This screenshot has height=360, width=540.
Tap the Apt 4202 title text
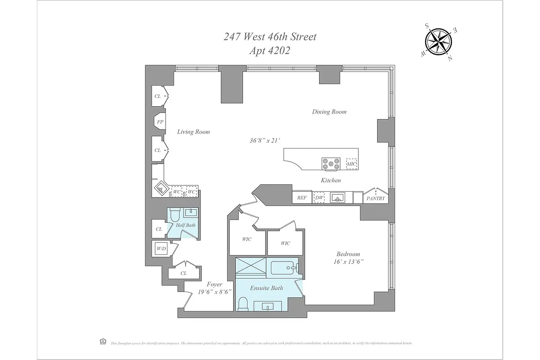270,51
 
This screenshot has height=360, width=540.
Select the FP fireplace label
160,121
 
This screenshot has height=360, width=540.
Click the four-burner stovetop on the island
331,164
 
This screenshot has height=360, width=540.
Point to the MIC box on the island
351,164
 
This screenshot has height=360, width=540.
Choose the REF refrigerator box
301,197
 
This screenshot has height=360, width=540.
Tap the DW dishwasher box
319,197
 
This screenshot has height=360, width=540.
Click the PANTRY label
376,198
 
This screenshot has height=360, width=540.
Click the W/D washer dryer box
161,248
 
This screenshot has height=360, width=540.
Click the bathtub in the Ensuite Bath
284,268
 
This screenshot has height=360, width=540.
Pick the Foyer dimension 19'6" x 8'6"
215,292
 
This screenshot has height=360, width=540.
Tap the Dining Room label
329,112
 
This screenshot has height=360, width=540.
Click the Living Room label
193,132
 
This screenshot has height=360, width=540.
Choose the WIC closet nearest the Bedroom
285,243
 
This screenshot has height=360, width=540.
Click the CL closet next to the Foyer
184,273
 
